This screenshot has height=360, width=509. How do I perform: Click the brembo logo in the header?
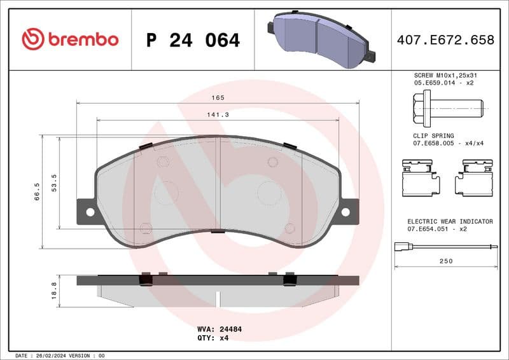coord(70,39)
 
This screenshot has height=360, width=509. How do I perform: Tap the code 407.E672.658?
coord(445,40)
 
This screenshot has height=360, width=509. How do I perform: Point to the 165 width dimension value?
coord(218,97)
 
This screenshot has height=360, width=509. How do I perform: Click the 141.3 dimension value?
coord(218,114)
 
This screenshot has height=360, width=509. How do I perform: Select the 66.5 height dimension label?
coord(37,191)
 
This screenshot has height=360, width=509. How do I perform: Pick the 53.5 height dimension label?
coord(54,181)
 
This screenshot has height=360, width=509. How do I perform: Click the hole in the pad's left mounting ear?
coord(90,212)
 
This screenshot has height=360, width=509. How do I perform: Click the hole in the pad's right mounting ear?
coord(345,211)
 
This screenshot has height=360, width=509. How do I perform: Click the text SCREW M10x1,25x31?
coord(445,75)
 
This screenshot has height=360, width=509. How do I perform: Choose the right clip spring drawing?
coord(474,177)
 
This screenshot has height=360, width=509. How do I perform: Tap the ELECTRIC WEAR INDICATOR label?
coord(450,221)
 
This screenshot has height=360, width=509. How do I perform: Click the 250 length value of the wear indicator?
coord(446,261)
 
